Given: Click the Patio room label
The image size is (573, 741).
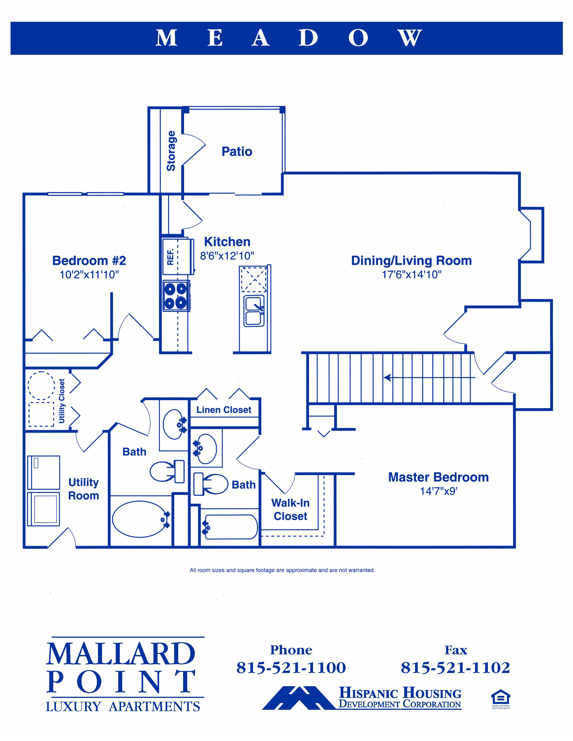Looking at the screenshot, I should (x=237, y=151).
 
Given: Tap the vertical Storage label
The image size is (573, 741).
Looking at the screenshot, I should (x=171, y=151).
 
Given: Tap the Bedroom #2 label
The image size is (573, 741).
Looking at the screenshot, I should (x=89, y=260).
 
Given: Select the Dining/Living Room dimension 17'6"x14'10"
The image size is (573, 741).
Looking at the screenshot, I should (x=411, y=274).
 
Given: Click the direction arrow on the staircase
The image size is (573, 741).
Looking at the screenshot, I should (x=388, y=377).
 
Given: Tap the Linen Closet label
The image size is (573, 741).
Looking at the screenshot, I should (x=224, y=410).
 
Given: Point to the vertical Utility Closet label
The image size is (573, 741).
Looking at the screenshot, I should (x=62, y=401).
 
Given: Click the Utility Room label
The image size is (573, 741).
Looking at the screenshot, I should (x=84, y=489).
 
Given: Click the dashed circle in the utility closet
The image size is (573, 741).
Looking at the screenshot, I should (x=41, y=385).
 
